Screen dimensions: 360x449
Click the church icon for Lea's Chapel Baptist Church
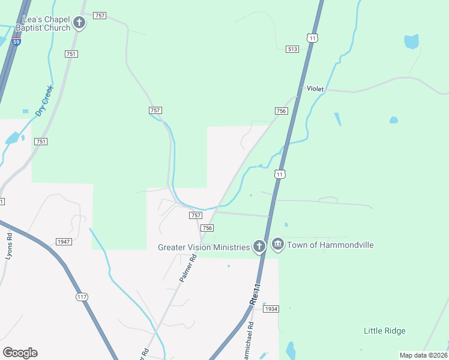pos(79,23)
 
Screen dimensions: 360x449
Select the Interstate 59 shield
pos(17,41)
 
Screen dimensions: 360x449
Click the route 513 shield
pos(292,49)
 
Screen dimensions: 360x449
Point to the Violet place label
pos(315,89)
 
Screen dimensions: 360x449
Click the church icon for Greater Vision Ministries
pos(259,247)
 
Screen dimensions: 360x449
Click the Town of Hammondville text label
pos(330,245)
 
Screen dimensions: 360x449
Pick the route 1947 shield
pos(64,242)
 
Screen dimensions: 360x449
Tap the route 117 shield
pos(82,297)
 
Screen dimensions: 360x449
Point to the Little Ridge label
pos(385,331)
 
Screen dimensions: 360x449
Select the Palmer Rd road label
pos(188,268)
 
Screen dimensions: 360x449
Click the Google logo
pos(20,353)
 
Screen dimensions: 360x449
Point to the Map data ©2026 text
pos(424,355)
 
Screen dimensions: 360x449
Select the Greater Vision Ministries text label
pos(203,247)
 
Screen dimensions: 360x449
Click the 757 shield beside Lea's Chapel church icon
pos(100,16)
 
